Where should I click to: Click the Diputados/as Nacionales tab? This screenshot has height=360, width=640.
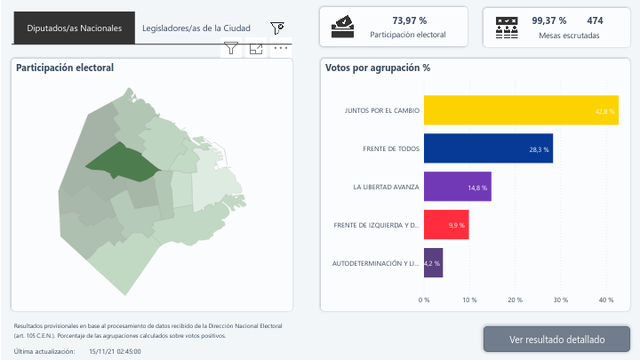tap(74, 28)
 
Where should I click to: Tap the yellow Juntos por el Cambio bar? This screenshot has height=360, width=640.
tap(521, 110)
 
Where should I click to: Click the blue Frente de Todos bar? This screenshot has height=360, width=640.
tap(488, 148)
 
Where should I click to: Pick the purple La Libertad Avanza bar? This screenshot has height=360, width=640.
tap(457, 187)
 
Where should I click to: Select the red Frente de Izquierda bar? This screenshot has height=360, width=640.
tap(446, 225)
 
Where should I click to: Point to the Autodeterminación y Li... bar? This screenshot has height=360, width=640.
tap(433, 263)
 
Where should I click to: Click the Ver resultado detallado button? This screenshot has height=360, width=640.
tap(556, 340)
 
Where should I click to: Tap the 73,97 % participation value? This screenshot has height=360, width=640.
tap(409, 20)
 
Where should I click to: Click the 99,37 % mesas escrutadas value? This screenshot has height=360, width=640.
tap(548, 20)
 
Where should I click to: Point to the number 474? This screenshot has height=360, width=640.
tap(595, 20)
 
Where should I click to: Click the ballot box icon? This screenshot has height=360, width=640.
tap(342, 28)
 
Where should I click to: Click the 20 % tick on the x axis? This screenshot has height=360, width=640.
tap(515, 300)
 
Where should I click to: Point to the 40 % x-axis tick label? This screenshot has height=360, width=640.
tap(606, 300)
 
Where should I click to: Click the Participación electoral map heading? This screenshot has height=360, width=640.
tap(65, 68)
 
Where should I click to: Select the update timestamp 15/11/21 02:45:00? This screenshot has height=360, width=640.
tap(115, 352)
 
